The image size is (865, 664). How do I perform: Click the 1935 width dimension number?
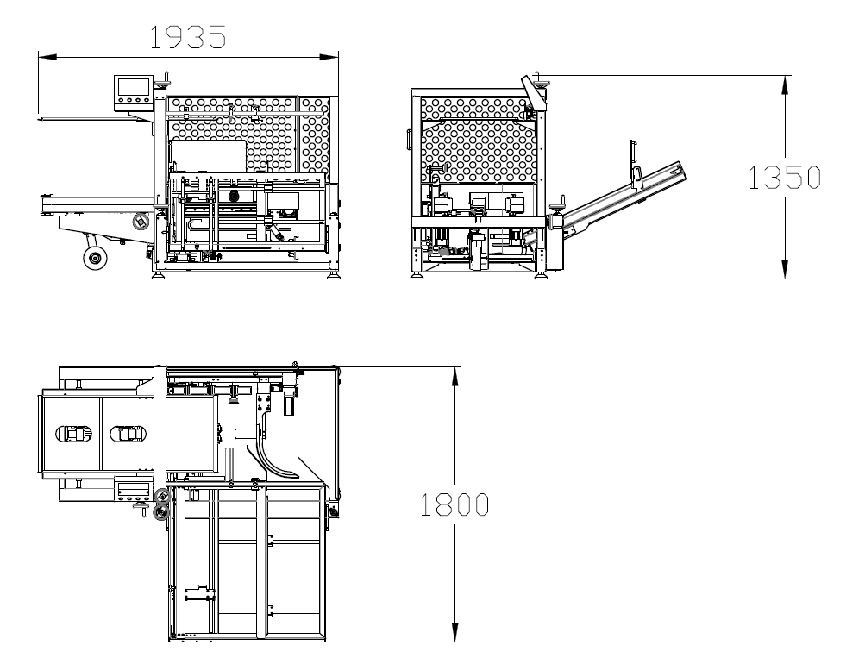pyautogui.click(x=188, y=37)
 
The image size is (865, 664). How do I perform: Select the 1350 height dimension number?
pyautogui.click(x=785, y=178)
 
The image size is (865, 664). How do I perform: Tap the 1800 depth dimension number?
pyautogui.click(x=454, y=504)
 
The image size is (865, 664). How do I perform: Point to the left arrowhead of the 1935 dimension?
pyautogui.click(x=47, y=56)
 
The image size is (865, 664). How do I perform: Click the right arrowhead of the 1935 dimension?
pyautogui.click(x=329, y=56)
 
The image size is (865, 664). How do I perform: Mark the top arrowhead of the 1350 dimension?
pyautogui.click(x=785, y=85)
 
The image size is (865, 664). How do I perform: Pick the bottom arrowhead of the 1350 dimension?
pyautogui.click(x=785, y=270)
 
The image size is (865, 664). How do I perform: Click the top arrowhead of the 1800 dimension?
pyautogui.click(x=454, y=376)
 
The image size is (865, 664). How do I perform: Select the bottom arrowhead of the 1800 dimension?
pyautogui.click(x=454, y=633)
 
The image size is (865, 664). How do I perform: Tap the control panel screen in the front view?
pyautogui.click(x=133, y=86)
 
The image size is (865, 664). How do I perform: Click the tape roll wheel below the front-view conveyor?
pyautogui.click(x=94, y=258)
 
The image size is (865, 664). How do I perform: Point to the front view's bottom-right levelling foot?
pyautogui.click(x=333, y=274)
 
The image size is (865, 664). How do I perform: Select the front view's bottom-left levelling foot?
pyautogui.click(x=159, y=274)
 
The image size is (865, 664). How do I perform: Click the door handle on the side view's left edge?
pyautogui.click(x=409, y=139)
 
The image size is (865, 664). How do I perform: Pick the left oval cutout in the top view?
pyautogui.click(x=74, y=434)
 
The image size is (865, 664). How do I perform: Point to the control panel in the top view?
pyautogui.click(x=133, y=491)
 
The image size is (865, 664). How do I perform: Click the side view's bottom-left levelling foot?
pyautogui.click(x=417, y=274)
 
